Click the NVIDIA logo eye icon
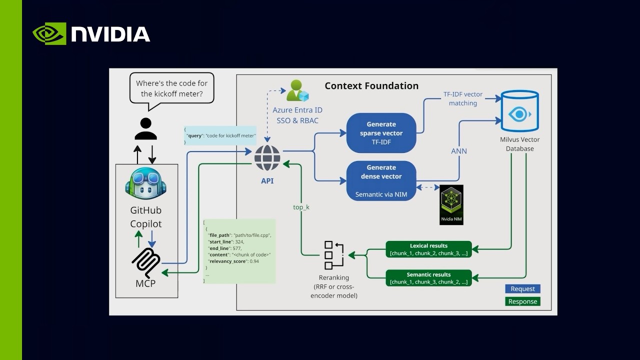click(49, 33)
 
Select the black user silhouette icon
click(145, 128)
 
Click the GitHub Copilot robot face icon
click(145, 182)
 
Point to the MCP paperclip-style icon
click(146, 262)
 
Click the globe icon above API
click(267, 158)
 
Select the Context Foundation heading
click(371, 85)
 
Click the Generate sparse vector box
click(381, 133)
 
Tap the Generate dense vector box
click(381, 180)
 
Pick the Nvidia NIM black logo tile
click(451, 204)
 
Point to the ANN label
click(459, 151)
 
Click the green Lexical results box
click(428, 249)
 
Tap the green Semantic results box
click(428, 278)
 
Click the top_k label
click(301, 206)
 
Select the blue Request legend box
click(522, 288)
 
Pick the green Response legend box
click(522, 301)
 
